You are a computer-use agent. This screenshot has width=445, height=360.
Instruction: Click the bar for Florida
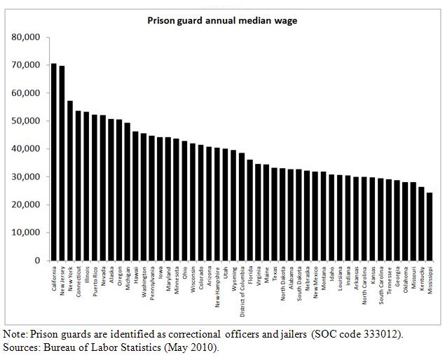[249, 210]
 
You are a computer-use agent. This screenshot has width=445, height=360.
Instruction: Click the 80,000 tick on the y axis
[26, 37]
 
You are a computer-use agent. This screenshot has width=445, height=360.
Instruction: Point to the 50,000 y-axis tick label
[26, 121]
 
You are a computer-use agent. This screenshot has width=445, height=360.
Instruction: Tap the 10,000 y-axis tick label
[26, 233]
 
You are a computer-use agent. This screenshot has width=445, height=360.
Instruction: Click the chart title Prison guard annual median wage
[221, 20]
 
